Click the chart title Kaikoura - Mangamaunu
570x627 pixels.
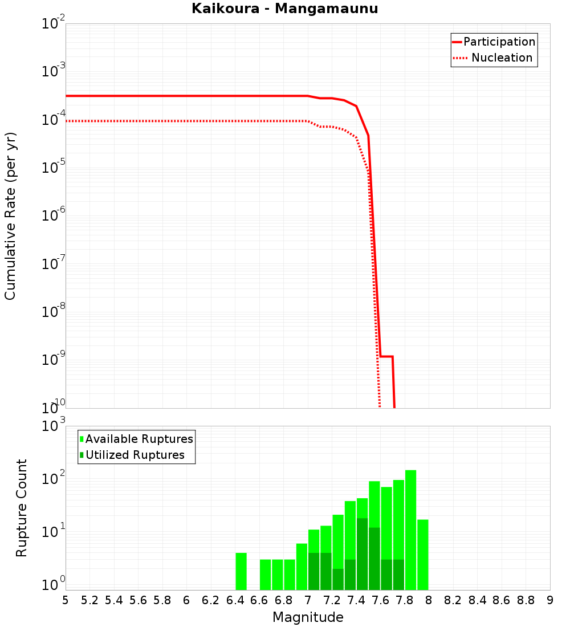coord(284,9)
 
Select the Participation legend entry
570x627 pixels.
coord(499,42)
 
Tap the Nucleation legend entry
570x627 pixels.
coord(502,58)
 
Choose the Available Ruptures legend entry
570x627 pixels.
coord(139,439)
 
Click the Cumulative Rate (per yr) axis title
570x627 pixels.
coord(10,215)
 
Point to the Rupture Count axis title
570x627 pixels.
coord(22,508)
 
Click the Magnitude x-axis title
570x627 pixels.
coord(308,617)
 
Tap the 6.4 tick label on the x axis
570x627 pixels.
coord(235,600)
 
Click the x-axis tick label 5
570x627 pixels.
coord(66,600)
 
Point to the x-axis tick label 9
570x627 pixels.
coord(550,600)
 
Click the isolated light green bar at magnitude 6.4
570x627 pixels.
coord(241,571)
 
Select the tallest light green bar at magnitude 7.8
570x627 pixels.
coord(410,530)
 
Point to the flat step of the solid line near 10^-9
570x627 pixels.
coord(386,357)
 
